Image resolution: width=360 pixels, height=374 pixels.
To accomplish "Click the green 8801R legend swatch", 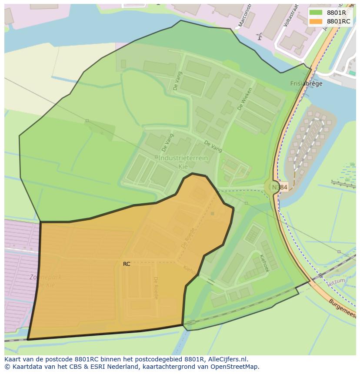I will pyautogui.click(x=316, y=13).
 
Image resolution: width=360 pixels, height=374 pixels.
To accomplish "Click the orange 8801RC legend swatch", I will pyautogui.click(x=316, y=21).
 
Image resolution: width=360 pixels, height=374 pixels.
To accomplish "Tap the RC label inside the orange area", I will pyautogui.click(x=127, y=264).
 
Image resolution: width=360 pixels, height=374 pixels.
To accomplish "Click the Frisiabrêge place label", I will pyautogui.click(x=307, y=84).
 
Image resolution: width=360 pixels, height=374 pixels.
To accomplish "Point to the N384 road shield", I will pyautogui.click(x=280, y=187).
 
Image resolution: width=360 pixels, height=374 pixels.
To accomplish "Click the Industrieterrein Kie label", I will pyautogui.click(x=183, y=162).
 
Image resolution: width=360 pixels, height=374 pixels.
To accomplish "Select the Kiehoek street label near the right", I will pyautogui.click(x=264, y=263).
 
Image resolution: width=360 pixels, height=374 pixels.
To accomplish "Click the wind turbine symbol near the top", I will pyautogui.click(x=260, y=36).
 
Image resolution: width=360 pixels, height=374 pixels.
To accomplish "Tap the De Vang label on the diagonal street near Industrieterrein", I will pyautogui.click(x=213, y=146).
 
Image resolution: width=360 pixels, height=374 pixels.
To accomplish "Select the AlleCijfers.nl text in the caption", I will pyautogui.click(x=227, y=359).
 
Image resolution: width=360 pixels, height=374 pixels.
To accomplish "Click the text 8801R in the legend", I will pyautogui.click(x=337, y=13).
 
